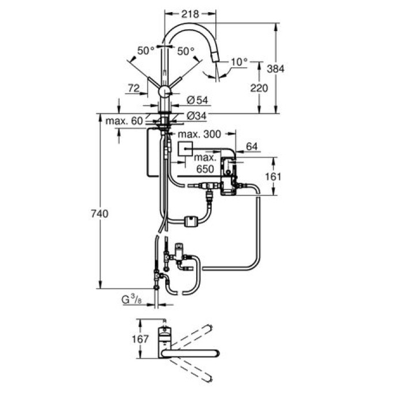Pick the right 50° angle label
[185, 51]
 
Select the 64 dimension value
[252, 146]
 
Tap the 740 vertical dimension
[99, 214]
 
